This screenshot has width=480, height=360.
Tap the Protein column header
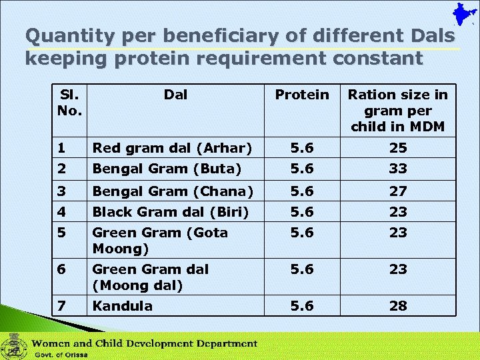pyautogui.click(x=302, y=95)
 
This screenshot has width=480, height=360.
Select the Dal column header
pyautogui.click(x=175, y=95)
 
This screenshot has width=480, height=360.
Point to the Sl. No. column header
pyautogui.click(x=68, y=103)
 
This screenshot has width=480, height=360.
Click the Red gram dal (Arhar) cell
pyautogui.click(x=173, y=147)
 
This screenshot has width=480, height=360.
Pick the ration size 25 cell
pyautogui.click(x=398, y=147)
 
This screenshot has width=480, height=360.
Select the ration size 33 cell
pyautogui.click(x=398, y=169)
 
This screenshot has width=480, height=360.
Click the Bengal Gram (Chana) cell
pyautogui.click(x=173, y=191)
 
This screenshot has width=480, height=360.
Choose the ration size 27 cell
pyautogui.click(x=398, y=191)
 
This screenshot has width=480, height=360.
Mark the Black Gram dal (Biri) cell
pyautogui.click(x=170, y=212)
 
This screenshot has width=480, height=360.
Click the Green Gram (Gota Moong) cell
pyautogui.click(x=160, y=240)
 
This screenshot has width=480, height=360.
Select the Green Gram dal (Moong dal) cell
pyautogui.click(x=151, y=277)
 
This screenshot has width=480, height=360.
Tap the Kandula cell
pyautogui.click(x=123, y=306)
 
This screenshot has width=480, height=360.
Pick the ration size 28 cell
pyautogui.click(x=398, y=306)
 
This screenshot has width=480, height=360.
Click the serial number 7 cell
pyautogui.click(x=61, y=306)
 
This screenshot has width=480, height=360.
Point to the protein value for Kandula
pyautogui.click(x=302, y=306)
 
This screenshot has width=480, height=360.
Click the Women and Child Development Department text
pyautogui.click(x=143, y=343)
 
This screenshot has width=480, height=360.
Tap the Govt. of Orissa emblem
pyautogui.click(x=11, y=347)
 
